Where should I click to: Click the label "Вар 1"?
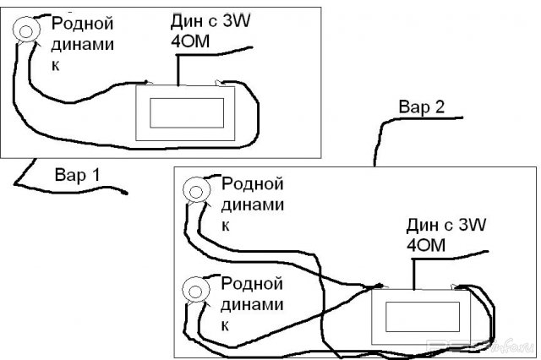pyautogui.click(x=77, y=176)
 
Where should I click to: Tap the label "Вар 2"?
pyautogui.click(x=421, y=107)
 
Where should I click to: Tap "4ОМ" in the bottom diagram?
pyautogui.click(x=423, y=245)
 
